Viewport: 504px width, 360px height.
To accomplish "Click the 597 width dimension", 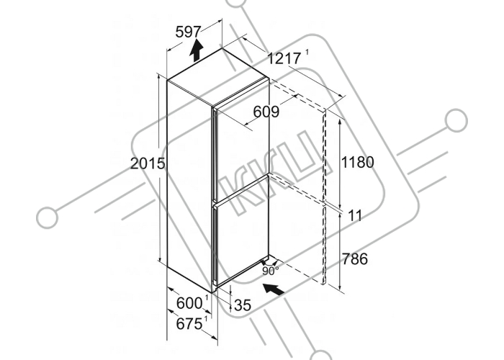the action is coord(188,32).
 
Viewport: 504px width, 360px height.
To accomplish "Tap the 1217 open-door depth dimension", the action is coord(284,58).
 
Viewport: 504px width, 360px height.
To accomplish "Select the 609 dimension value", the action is coord(266,112).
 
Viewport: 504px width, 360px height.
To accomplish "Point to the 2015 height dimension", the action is coord(148,164).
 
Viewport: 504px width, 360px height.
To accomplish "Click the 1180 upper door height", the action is coord(357,162).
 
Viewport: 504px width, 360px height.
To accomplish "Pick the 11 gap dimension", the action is coord(355,216).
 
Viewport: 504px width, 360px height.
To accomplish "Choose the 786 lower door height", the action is coord(355,258).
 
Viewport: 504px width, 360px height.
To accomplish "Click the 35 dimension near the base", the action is coord(243,305).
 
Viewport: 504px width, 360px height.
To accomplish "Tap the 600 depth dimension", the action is coord(189,303).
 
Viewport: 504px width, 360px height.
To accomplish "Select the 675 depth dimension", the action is coord(189,324).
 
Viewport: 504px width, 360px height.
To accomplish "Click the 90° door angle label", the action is coord(270,271).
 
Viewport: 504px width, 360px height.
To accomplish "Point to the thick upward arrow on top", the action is coord(196,50).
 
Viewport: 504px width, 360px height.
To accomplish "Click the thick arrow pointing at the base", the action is coord(274,289).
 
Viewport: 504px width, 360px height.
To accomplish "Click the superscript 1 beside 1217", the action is coord(307,53).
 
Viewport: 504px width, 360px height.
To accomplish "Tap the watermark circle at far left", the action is coord(48,217).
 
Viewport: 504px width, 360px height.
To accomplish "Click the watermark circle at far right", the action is coord(456,120).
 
